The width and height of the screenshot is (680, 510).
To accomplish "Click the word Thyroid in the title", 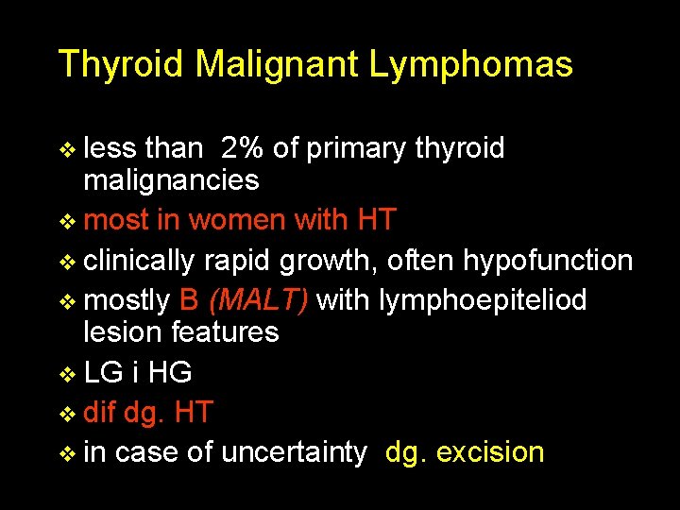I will point(122,65).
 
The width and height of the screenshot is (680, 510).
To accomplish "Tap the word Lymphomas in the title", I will point(470,65).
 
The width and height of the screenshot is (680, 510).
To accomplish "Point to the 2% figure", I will point(243,148).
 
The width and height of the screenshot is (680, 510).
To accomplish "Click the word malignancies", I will point(171,180).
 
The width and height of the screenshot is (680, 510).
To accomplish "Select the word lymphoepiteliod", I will point(483,300).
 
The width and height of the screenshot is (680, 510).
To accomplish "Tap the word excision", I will point(491,452).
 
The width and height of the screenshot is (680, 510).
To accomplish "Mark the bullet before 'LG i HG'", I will point(67,374).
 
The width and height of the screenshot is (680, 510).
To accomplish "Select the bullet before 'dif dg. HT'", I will point(67,414).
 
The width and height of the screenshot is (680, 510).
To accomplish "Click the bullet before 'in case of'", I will point(67,453).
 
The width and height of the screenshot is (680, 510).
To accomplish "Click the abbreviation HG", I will point(171,373).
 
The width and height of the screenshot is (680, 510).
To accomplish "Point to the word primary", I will point(355,149).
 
